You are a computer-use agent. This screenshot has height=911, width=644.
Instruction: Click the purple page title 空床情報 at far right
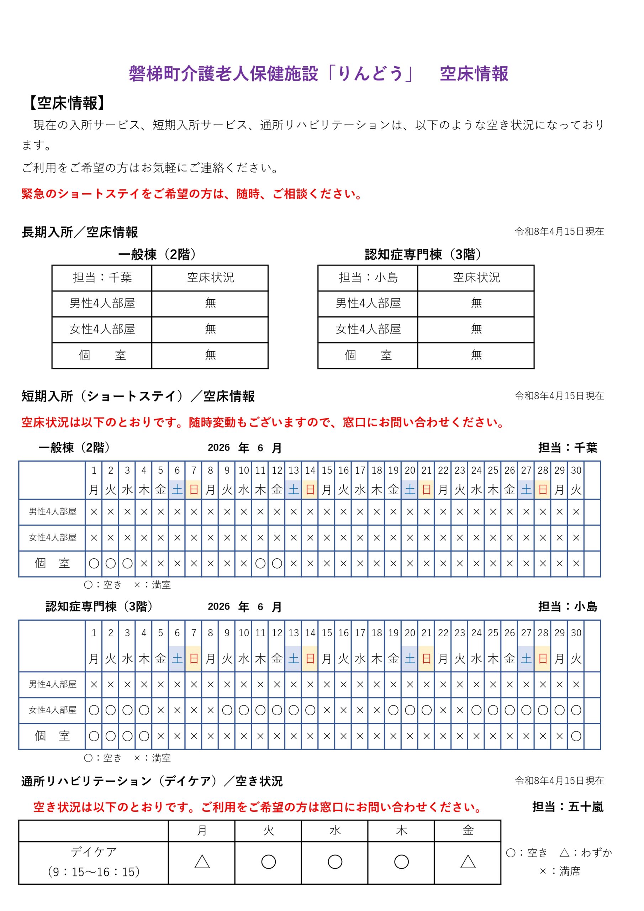click(474, 74)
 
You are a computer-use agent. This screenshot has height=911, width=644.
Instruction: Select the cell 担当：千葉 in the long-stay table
click(102, 277)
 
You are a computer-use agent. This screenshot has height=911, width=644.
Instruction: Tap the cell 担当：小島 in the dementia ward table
click(368, 277)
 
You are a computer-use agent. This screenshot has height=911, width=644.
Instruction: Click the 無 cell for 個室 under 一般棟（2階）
click(210, 355)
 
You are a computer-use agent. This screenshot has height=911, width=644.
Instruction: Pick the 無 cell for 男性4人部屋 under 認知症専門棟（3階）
click(476, 303)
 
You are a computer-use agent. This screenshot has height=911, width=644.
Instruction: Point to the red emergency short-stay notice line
click(192, 194)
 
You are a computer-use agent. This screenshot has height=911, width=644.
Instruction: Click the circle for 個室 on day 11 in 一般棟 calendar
click(260, 563)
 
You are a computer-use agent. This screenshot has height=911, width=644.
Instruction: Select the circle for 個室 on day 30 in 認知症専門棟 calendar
click(576, 736)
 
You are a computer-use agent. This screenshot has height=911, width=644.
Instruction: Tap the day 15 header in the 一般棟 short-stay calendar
click(327, 470)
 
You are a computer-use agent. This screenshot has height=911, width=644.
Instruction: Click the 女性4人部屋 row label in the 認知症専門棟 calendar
click(52, 710)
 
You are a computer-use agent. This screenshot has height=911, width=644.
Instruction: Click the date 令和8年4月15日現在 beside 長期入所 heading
click(559, 232)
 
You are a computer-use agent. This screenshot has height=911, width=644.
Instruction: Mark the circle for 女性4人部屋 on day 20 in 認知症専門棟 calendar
click(410, 710)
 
